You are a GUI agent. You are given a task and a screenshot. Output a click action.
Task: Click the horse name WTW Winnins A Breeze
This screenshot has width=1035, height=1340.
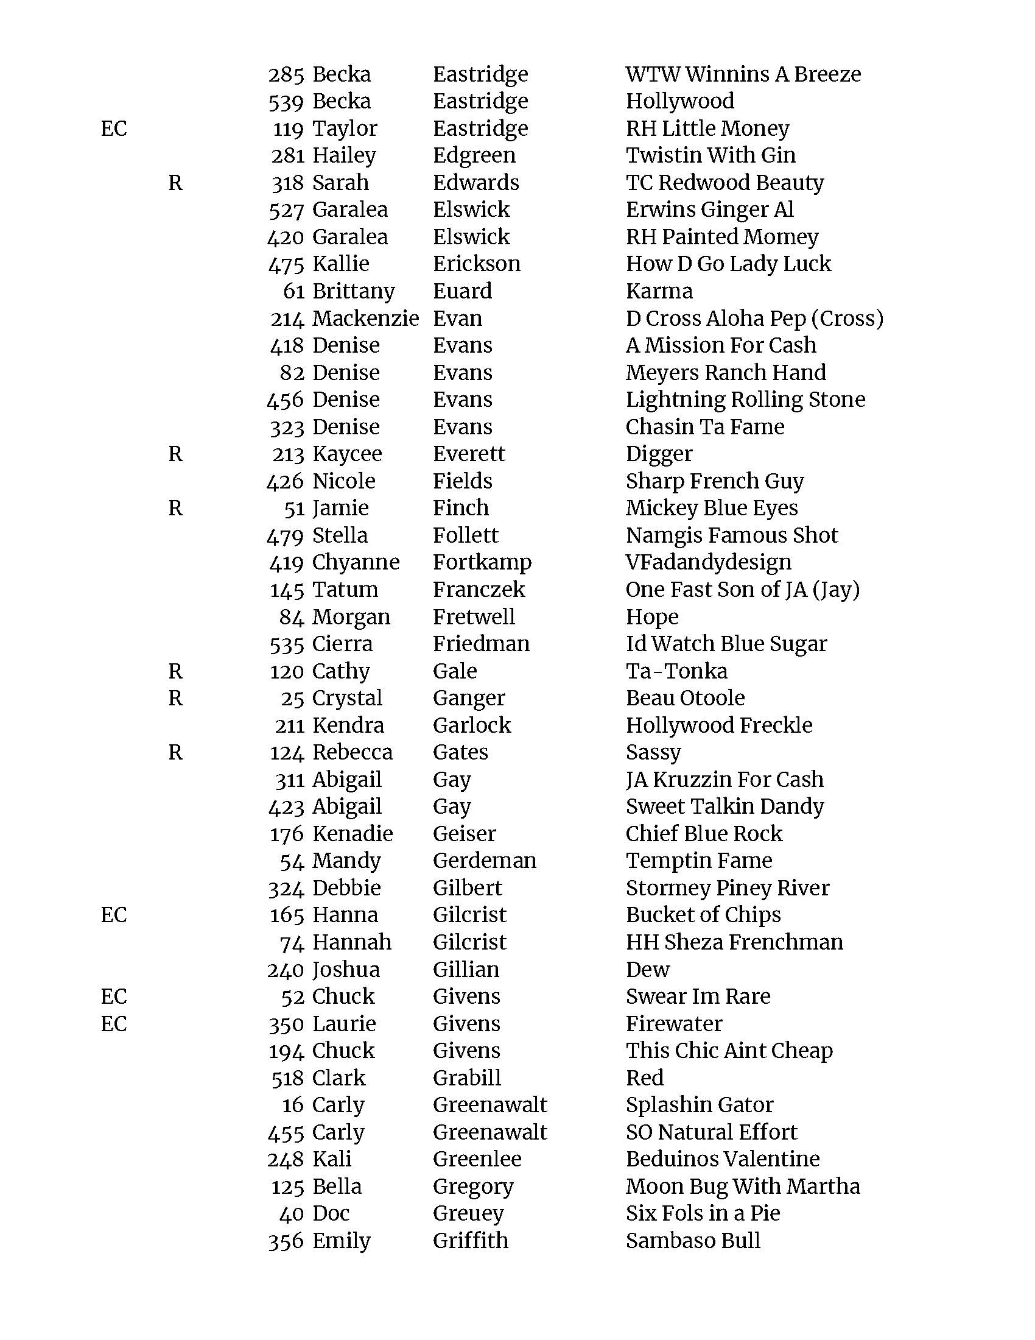click(x=743, y=74)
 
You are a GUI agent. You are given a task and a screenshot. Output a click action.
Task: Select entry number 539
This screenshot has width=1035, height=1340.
click(x=286, y=102)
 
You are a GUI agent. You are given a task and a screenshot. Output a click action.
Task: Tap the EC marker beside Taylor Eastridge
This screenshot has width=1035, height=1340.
click(x=113, y=129)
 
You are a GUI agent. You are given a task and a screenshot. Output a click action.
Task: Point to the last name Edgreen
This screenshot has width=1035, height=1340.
click(x=474, y=155)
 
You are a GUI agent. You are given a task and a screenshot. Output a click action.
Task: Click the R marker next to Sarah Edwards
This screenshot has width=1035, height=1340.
click(x=175, y=183)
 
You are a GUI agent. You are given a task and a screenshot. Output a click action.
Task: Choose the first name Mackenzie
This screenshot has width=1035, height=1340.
click(x=365, y=319)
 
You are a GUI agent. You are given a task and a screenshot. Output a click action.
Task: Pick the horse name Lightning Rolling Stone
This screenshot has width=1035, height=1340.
click(x=745, y=400)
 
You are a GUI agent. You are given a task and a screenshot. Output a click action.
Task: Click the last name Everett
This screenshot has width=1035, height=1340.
click(x=468, y=454)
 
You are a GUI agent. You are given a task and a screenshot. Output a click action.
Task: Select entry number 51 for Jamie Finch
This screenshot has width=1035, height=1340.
click(x=294, y=509)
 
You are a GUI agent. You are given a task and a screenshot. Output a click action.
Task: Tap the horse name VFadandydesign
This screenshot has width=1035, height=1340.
click(x=708, y=562)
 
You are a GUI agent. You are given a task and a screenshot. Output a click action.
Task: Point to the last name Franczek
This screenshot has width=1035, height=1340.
click(x=479, y=590)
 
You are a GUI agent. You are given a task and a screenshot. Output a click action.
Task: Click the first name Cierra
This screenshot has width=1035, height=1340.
click(x=342, y=644)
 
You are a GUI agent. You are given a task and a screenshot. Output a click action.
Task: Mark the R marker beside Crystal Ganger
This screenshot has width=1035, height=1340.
click(x=175, y=698)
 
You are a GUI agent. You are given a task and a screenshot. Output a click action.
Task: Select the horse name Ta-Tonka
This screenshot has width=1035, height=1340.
click(x=676, y=671)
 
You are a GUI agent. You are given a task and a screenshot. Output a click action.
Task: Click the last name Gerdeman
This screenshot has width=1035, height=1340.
click(x=485, y=861)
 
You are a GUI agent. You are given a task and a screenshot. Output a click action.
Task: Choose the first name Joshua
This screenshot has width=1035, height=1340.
click(x=346, y=970)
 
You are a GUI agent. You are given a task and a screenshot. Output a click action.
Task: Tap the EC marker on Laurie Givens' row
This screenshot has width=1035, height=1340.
click(x=113, y=1023)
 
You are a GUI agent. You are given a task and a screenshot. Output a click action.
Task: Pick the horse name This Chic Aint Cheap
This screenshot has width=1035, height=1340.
click(x=729, y=1051)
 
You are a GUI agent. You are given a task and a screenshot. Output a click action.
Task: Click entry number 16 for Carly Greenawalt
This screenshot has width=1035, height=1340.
click(x=293, y=1105)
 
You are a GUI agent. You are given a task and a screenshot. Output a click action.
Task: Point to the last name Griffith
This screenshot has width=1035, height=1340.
click(x=470, y=1240)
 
